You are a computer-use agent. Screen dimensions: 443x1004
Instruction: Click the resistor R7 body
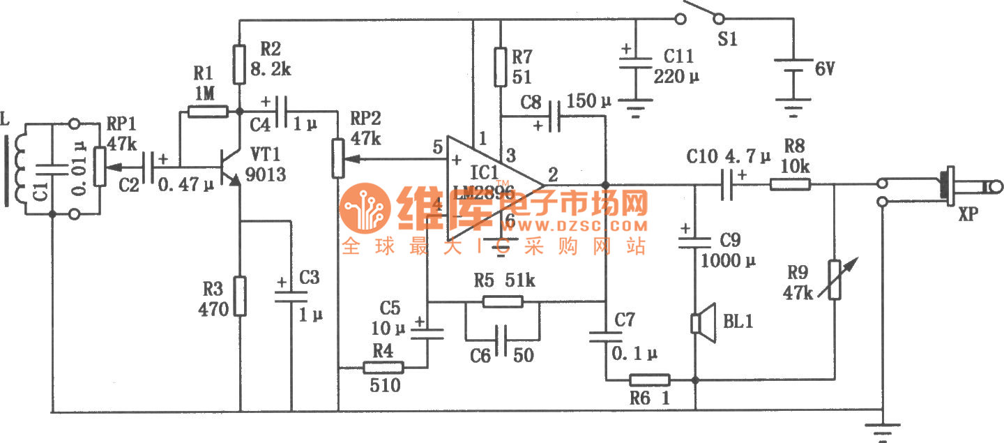pyautogui.click(x=500, y=66)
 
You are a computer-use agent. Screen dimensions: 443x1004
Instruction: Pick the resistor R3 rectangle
pyautogui.click(x=240, y=296)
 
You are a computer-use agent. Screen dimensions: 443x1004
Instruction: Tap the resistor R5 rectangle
pyautogui.click(x=503, y=301)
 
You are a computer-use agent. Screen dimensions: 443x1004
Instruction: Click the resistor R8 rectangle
pyautogui.click(x=790, y=185)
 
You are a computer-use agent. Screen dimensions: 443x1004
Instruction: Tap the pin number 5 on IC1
pyautogui.click(x=437, y=147)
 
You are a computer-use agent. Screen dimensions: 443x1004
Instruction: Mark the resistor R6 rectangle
pyautogui.click(x=650, y=380)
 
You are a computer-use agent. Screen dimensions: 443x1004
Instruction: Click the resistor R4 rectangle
pyautogui.click(x=383, y=368)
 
